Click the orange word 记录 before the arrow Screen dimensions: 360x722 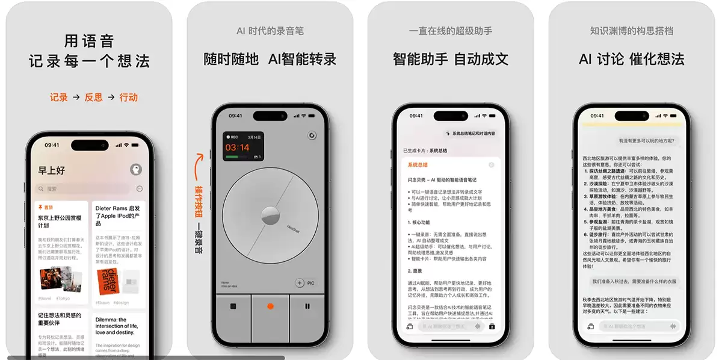59,97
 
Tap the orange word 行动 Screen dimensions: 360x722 128,97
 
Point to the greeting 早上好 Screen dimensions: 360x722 52,170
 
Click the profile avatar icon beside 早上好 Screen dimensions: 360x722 136,170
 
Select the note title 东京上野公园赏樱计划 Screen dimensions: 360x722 59,221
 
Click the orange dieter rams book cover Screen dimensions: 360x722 108,281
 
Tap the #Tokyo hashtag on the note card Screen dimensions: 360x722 63,299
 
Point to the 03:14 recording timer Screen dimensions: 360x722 238,147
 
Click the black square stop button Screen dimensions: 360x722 233,306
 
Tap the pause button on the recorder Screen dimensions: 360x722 307,306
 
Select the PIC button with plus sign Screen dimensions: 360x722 305,283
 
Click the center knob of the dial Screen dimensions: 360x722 270,216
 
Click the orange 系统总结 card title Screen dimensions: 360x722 418,165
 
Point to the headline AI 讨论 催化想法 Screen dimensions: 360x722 631,59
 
